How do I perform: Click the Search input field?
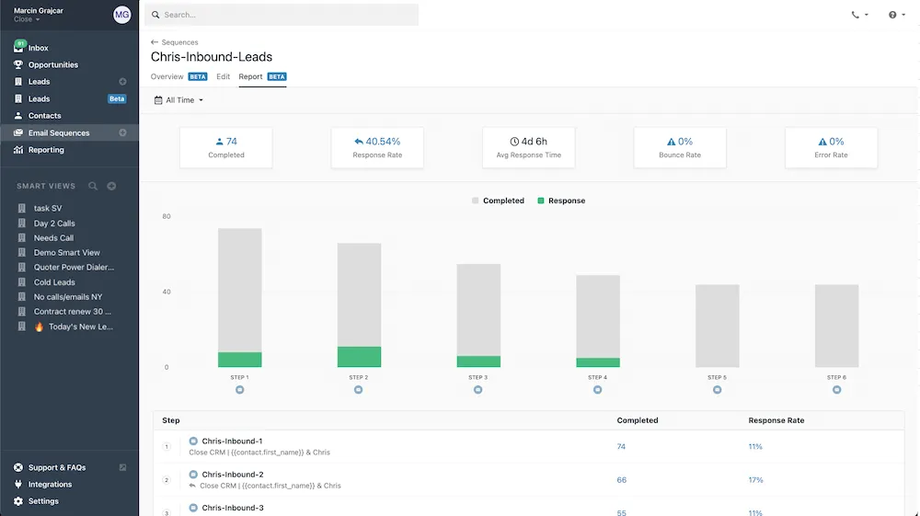[x=285, y=15]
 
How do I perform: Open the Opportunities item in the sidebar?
[x=53, y=65]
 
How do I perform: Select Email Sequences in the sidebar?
[x=59, y=133]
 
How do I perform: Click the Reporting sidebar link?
[x=46, y=150]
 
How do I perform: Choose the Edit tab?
[x=224, y=77]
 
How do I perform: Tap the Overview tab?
[x=167, y=77]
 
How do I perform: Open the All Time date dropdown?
[x=178, y=100]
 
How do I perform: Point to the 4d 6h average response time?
[x=529, y=142]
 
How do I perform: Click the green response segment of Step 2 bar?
[x=359, y=357]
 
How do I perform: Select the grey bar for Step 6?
[x=836, y=326]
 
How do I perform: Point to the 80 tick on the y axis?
[x=167, y=217]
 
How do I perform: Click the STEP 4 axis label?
[x=597, y=377]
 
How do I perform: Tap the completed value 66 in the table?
[x=622, y=480]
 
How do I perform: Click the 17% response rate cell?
[x=755, y=480]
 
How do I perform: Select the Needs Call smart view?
[x=53, y=238]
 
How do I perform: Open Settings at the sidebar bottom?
[x=43, y=501]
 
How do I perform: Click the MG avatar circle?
[x=122, y=15]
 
